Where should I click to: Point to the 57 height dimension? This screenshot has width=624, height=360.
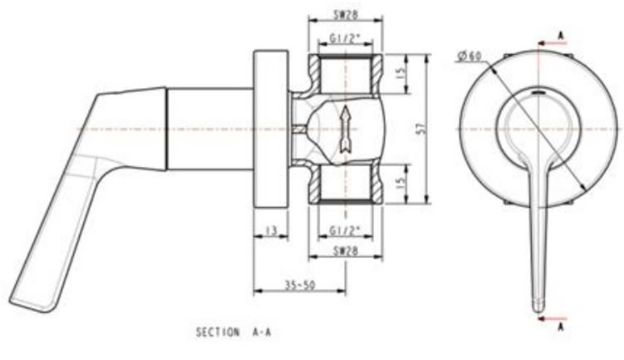[x=422, y=129]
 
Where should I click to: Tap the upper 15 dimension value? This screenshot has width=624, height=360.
[x=401, y=74]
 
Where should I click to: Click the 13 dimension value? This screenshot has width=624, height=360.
[x=271, y=230]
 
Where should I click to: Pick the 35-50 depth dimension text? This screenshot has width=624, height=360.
[x=299, y=285]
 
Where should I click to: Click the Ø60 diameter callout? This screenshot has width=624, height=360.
[x=469, y=57]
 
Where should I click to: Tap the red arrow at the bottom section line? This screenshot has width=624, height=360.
[x=550, y=317]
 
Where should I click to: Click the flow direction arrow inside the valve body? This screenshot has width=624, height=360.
[x=345, y=129]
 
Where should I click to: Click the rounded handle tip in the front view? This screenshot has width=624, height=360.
[x=538, y=299]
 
